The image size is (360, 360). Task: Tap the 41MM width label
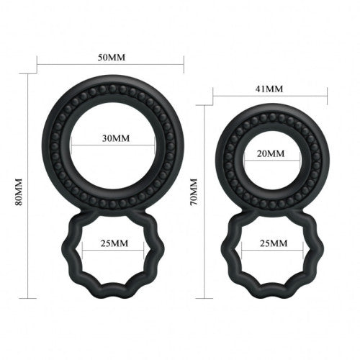click(270, 89)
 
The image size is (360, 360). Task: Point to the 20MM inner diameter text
click(271, 155)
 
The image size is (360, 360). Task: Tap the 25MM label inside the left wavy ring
click(110, 243)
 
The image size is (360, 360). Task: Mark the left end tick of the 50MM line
click(38, 66)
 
